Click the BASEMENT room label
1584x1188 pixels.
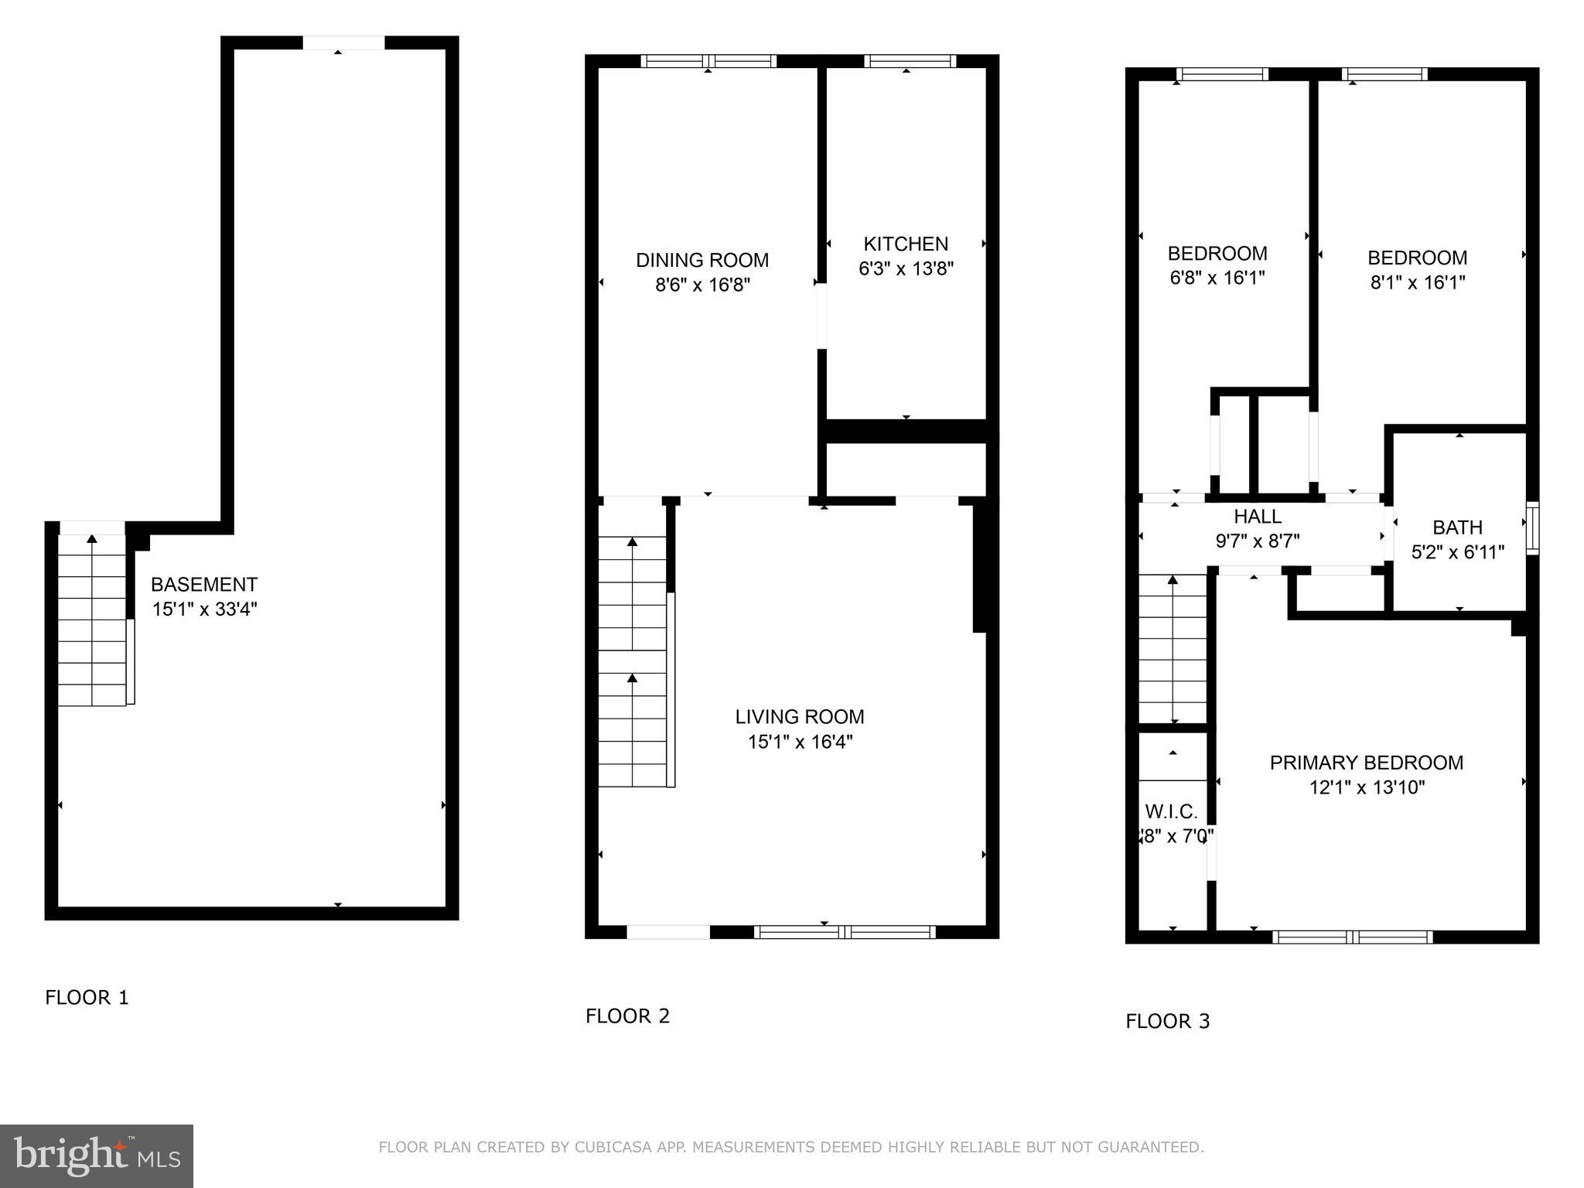click(203, 585)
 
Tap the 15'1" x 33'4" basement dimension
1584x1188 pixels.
click(204, 609)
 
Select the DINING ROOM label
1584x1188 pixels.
click(702, 260)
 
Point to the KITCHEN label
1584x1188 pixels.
click(906, 244)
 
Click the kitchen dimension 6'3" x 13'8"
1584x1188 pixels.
click(906, 269)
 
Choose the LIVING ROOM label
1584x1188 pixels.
click(799, 717)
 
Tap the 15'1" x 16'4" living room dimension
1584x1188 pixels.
click(799, 742)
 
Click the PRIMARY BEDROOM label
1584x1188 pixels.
click(1366, 763)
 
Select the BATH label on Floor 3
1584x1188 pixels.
click(1457, 527)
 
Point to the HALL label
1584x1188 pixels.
click(1257, 516)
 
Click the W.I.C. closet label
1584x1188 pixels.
click(1171, 811)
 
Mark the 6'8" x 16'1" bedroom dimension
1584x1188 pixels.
click(1217, 278)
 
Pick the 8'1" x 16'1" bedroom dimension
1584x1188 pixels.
click(1417, 282)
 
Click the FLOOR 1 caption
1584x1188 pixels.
click(87, 998)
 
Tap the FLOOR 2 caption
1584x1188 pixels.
click(627, 1016)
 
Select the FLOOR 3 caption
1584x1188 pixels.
click(1167, 1022)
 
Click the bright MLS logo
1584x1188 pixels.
click(96, 1156)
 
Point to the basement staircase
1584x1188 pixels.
click(92, 619)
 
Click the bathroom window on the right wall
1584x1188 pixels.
click(1531, 528)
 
